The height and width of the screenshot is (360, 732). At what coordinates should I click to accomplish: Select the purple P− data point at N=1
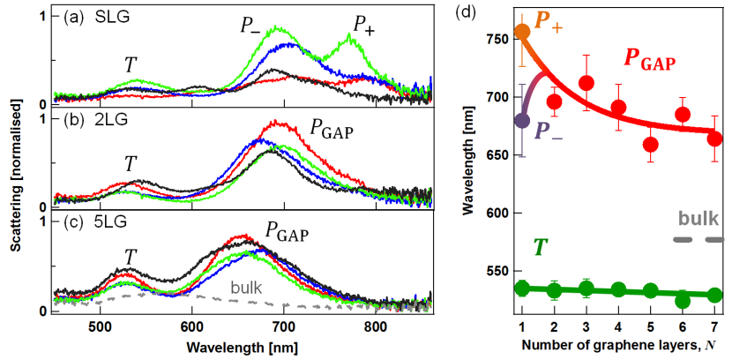coord(522,120)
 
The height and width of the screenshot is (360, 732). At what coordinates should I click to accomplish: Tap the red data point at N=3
coord(586,84)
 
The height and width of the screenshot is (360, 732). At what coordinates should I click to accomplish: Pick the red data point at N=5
coord(651,145)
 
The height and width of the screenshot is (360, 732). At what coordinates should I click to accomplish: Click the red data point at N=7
coord(715,139)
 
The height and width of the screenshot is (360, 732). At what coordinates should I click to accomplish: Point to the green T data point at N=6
coord(683,301)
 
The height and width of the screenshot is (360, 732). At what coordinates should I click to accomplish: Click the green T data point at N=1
coord(522,288)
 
